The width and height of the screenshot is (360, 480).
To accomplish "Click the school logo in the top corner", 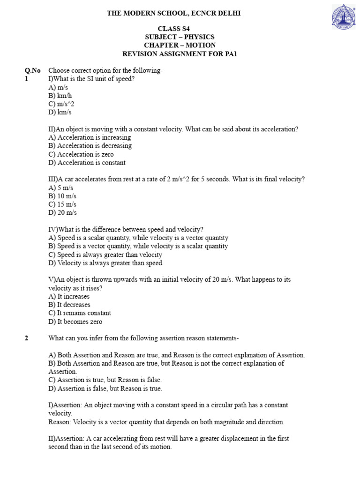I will (x=344, y=17).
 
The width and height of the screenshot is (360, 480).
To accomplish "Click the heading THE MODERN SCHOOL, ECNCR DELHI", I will (x=173, y=13).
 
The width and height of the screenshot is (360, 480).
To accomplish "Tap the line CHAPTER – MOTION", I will (x=180, y=45).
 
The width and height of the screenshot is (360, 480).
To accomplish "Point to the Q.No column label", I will (x=32, y=70).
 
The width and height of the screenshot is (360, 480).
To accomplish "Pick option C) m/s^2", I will (x=61, y=104).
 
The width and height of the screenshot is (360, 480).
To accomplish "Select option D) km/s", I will (x=60, y=112).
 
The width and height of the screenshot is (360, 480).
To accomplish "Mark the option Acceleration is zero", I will (x=81, y=154).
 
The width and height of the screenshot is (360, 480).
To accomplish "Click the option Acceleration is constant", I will (x=87, y=163).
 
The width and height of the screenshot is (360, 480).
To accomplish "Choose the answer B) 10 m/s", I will (x=62, y=196).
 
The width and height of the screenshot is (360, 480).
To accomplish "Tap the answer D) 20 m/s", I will (x=62, y=213).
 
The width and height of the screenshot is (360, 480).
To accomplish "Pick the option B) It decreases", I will (x=69, y=305).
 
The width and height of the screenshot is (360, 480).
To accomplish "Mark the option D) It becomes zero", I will (x=75, y=322).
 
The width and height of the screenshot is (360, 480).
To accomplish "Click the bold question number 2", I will (x=27, y=338).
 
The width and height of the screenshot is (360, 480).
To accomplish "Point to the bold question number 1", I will (x=27, y=79).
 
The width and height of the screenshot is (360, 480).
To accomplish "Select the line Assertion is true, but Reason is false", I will (x=105, y=380).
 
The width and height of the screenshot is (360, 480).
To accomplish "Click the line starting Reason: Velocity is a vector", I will (x=166, y=422).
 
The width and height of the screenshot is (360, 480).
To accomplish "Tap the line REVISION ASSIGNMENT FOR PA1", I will (x=180, y=53).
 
